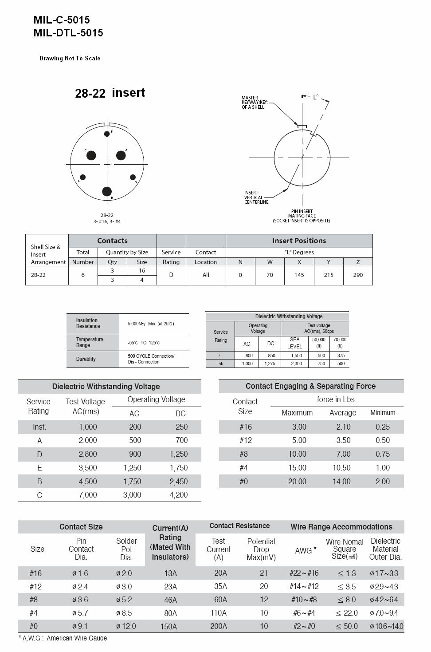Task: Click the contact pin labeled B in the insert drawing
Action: coord(107,191)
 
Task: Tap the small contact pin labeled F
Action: coord(107,134)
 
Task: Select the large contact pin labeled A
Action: coord(121,155)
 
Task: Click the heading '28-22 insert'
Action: coord(110,93)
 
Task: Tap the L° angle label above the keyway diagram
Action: coord(315,97)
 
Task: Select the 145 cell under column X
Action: coord(299,275)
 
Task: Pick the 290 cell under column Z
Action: coord(358,275)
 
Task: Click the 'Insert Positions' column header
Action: coord(299,241)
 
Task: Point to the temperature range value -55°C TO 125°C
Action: coord(144,343)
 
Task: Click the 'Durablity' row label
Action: coord(86,359)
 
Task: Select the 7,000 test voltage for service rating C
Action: coord(88,495)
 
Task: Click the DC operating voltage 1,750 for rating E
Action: coord(179,468)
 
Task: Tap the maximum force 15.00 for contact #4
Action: coord(297,468)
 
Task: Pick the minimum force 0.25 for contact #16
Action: coord(383,427)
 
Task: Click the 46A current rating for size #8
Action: coord(170,600)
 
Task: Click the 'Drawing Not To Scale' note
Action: coord(70,58)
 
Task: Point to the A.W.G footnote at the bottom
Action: coord(63,638)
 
